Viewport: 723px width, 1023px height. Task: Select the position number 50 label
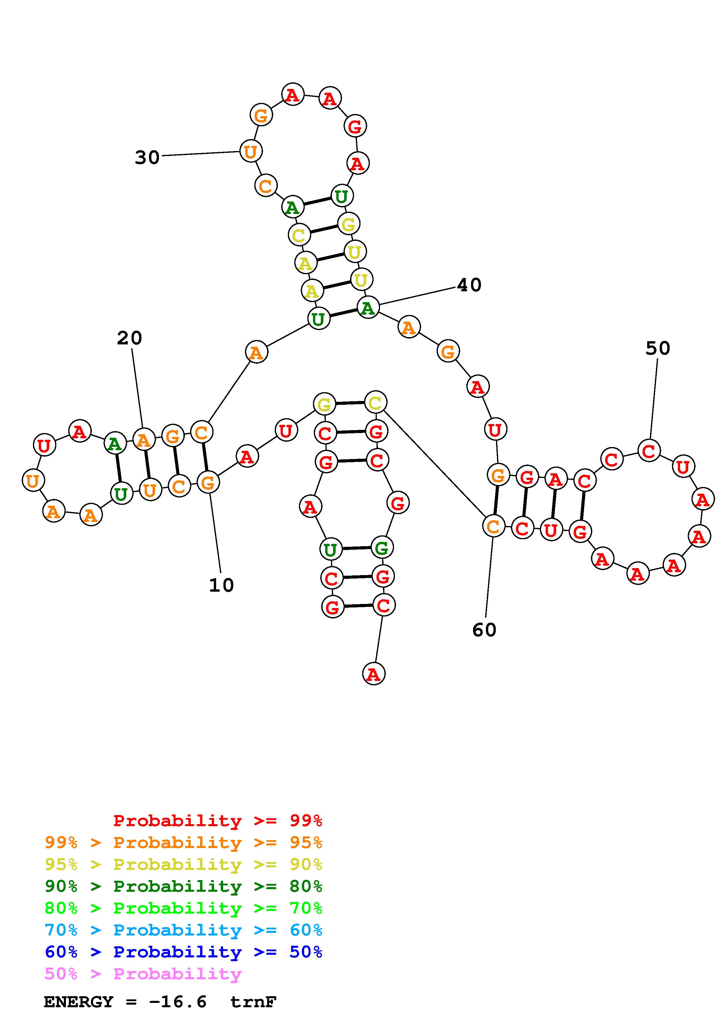[x=657, y=348]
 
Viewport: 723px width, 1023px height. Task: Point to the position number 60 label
[x=484, y=630]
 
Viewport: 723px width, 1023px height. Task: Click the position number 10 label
[x=221, y=585]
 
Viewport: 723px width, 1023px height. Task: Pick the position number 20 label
[x=129, y=338]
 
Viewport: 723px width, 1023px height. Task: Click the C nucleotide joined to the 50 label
[x=649, y=451]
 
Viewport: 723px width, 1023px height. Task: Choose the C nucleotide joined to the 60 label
[x=493, y=526]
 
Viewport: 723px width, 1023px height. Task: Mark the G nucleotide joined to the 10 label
[x=208, y=482]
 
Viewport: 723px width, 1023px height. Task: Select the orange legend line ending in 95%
[x=183, y=842]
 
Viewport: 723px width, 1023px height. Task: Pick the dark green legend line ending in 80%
[x=183, y=886]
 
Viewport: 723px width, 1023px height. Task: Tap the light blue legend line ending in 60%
[x=183, y=930]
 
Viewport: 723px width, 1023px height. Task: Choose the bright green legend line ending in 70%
[x=183, y=908]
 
